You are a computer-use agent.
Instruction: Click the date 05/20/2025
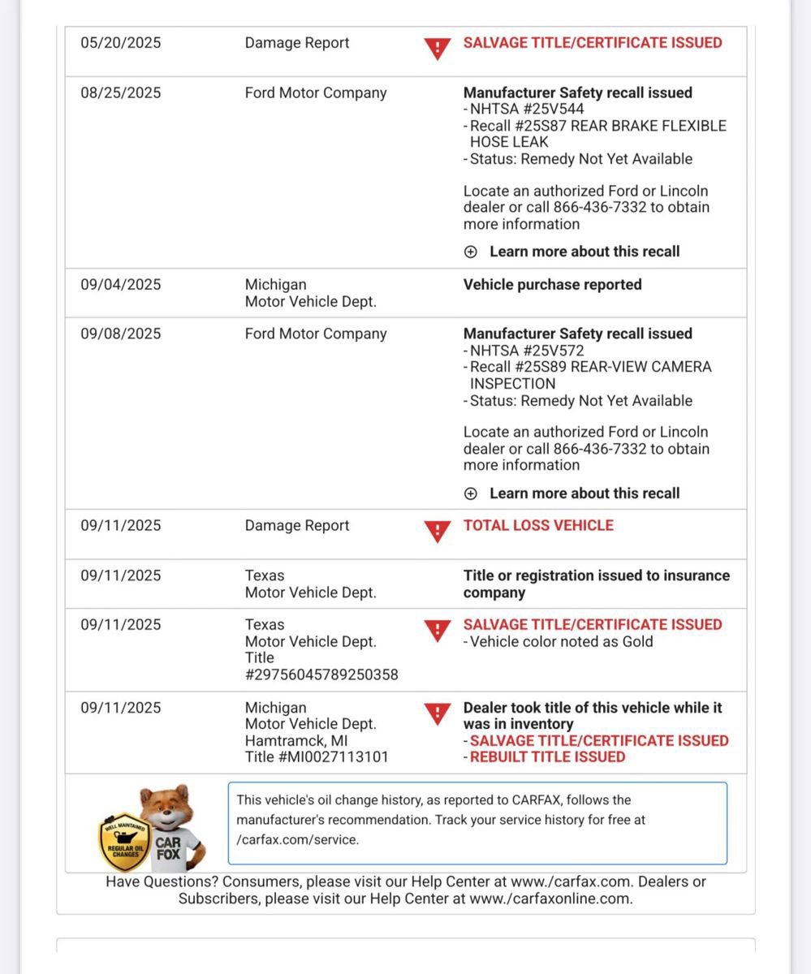[120, 43]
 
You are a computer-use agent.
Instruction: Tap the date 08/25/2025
[120, 93]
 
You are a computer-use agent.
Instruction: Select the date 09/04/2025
[120, 284]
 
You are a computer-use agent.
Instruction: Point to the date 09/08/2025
[120, 334]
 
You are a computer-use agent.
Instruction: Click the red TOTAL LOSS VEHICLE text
[538, 525]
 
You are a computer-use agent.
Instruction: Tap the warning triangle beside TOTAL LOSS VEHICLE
[437, 532]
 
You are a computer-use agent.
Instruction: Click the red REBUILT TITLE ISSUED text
[547, 756]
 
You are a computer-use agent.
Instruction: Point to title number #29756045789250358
[321, 674]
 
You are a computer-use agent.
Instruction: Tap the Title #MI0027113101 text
[317, 756]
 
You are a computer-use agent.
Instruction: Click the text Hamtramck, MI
[297, 740]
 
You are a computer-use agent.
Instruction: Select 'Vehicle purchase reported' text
[552, 284]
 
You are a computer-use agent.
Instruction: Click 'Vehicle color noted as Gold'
[561, 641]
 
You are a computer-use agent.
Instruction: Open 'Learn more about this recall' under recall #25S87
[584, 252]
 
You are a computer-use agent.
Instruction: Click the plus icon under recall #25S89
[471, 493]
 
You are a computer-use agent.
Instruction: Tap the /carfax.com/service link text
[297, 840]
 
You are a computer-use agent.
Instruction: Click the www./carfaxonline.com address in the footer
[550, 899]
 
